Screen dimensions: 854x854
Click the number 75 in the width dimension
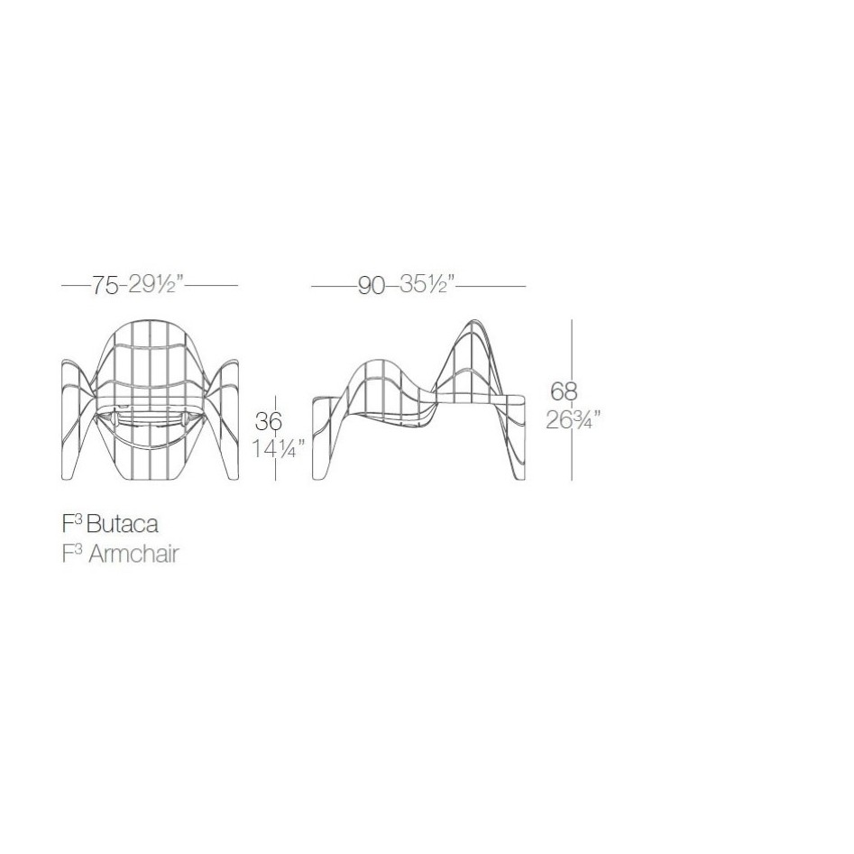[104, 285]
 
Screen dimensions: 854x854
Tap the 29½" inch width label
[155, 284]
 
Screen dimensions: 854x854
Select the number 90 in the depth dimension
[372, 286]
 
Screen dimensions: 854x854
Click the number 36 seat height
[269, 422]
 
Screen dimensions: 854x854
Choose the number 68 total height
[564, 391]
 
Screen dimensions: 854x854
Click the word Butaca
[123, 524]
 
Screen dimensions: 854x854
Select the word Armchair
[133, 554]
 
